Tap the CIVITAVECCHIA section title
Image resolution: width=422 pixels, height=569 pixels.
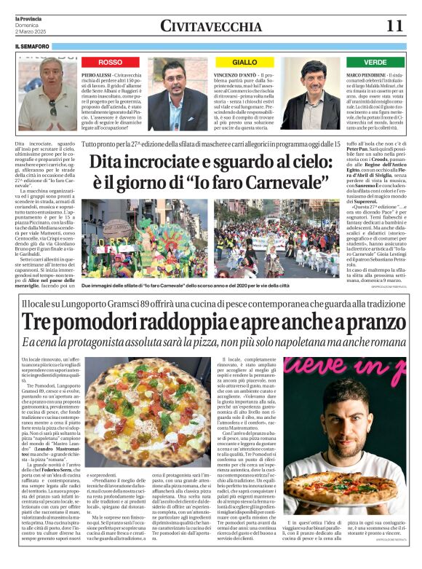(207, 26)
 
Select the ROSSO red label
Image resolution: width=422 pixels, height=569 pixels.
(111, 63)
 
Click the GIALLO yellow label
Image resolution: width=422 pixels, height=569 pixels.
(244, 63)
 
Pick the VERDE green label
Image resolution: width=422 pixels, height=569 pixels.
(375, 63)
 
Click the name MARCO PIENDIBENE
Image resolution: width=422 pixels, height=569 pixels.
(367, 75)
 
